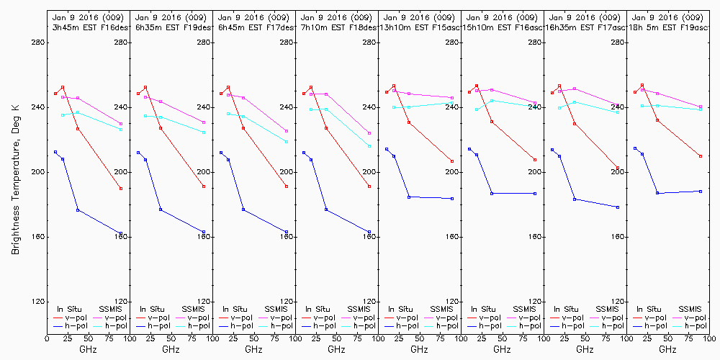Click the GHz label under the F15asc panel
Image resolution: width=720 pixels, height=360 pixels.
tap(419, 349)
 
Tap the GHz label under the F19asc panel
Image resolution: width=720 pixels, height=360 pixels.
tap(667, 349)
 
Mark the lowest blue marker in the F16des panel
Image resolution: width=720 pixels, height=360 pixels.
tap(121, 233)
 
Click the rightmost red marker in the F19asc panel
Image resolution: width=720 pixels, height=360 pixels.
tap(701, 156)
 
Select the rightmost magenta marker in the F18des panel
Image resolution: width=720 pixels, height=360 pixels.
tap(369, 133)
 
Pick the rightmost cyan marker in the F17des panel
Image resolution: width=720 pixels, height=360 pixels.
tap(287, 142)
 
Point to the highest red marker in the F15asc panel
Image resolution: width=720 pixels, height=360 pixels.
tap(394, 86)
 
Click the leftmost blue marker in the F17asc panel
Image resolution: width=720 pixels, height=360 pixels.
tap(552, 150)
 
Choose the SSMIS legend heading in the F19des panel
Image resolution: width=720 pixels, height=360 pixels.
tap(193, 308)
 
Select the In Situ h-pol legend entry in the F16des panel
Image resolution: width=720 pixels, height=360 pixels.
tap(71, 325)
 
